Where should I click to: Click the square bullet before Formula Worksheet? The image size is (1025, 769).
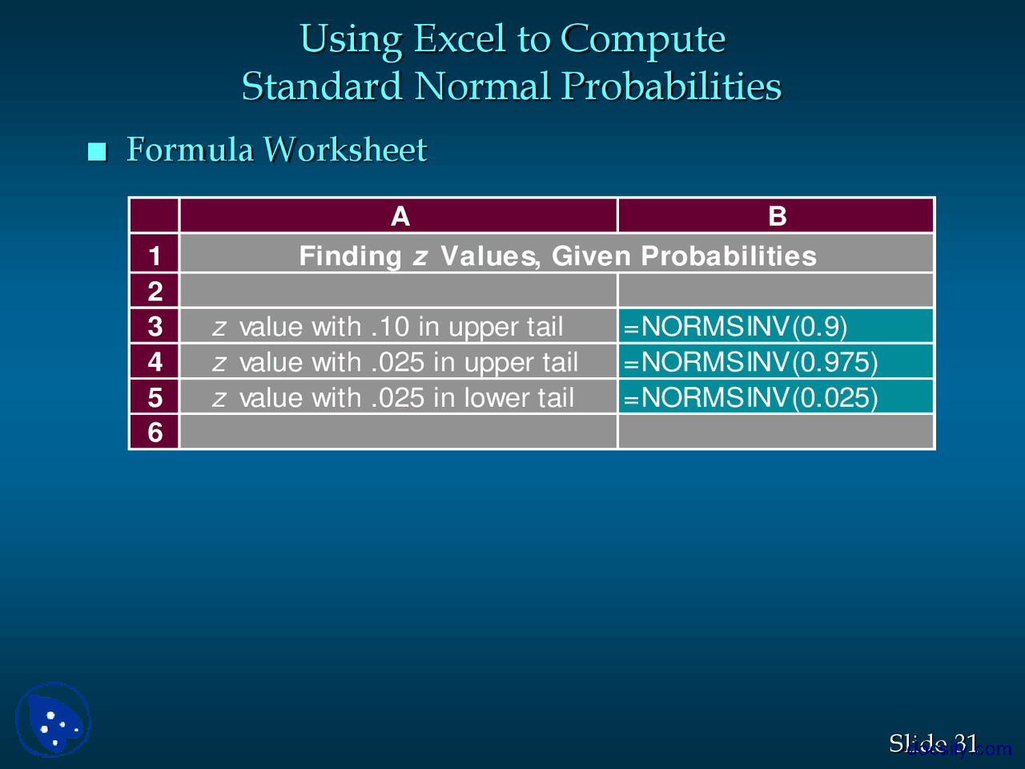point(98,151)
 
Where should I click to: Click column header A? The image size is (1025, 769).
point(400,216)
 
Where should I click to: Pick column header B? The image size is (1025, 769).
point(777,216)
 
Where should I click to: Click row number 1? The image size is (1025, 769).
point(155,256)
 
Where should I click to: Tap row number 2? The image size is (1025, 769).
point(155,291)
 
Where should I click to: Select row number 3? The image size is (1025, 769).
point(155,327)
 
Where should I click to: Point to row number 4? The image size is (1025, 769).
point(155,362)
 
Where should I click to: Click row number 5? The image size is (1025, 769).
point(155,397)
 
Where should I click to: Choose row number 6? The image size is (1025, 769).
point(155,433)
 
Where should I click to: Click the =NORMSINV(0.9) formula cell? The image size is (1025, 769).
point(775,327)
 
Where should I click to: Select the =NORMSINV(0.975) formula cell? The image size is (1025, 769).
point(775,362)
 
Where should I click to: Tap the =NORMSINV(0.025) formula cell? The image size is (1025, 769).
point(775,397)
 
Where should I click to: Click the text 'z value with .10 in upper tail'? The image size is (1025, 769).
point(388,327)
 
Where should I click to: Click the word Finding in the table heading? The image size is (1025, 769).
point(350,256)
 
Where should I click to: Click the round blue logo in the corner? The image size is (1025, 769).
point(53,719)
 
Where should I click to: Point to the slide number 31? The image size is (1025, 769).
point(966,743)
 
